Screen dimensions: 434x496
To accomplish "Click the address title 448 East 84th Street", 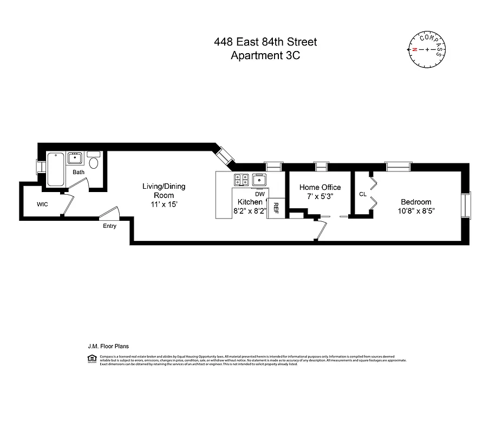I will tap(265, 42).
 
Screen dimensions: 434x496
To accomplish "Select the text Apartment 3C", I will tap(265, 55).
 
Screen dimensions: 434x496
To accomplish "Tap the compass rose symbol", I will tap(428, 49).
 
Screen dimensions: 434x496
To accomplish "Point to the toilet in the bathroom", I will tap(94, 162).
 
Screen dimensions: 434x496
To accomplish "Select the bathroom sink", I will tap(75, 158).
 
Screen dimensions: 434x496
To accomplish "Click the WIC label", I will tap(43, 205).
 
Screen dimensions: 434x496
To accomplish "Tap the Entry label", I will tap(109, 226).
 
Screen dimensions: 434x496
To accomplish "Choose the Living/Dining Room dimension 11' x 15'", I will tap(164, 205).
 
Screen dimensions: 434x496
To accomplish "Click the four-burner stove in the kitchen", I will tap(241, 179).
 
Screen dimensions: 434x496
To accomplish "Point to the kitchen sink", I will tap(260, 179).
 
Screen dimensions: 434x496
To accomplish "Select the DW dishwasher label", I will tap(259, 194).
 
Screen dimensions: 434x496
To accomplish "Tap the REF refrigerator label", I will tap(276, 208).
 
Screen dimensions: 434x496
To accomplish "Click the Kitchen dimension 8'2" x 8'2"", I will tap(250, 210).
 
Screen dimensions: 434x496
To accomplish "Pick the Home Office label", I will tap(320, 187).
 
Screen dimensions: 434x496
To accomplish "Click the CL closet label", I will tap(362, 194).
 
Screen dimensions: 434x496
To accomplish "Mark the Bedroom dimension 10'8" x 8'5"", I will tap(416, 210).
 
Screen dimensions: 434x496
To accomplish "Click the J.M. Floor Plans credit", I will tap(108, 346).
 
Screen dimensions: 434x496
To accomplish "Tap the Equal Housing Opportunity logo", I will tap(92, 358).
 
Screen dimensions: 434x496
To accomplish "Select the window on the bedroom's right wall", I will tap(467, 207).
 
